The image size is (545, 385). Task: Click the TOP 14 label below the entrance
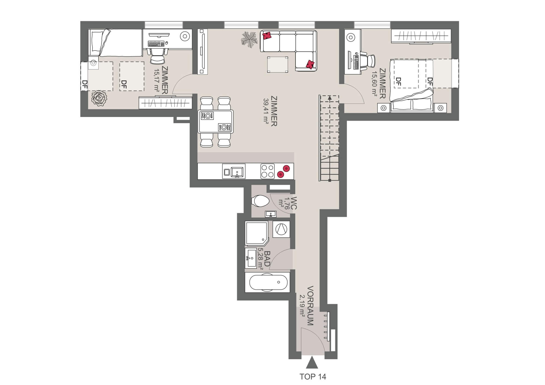pos(313,377)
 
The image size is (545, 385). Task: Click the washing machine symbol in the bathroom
pos(281,229)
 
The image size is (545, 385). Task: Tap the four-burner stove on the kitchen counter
pos(267,171)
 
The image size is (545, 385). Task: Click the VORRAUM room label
pos(311,305)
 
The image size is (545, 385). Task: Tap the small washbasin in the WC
pos(271,214)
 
